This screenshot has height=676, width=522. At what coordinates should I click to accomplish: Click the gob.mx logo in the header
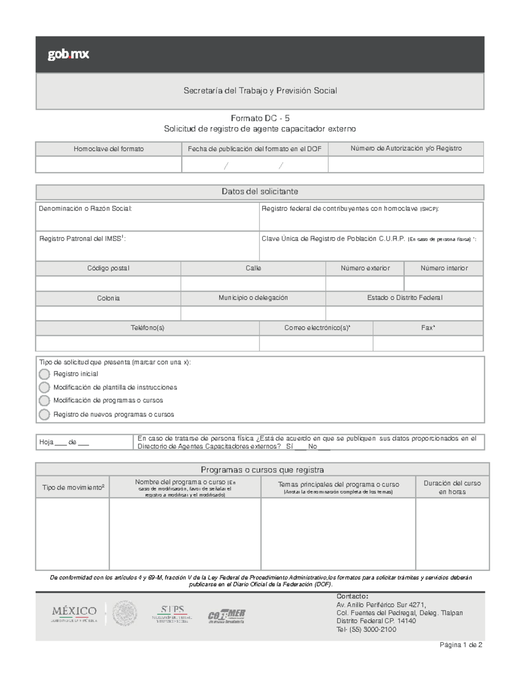tap(68, 54)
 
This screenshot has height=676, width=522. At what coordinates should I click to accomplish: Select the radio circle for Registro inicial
tap(44, 374)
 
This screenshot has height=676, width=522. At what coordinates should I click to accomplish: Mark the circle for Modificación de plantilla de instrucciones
tap(44, 387)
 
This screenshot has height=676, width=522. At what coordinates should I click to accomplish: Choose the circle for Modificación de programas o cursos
tap(44, 400)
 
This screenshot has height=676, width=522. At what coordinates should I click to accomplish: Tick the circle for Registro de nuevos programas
tap(44, 414)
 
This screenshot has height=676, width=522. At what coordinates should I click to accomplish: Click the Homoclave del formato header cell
tap(108, 149)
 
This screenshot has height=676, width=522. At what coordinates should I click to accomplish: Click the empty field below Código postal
tap(108, 283)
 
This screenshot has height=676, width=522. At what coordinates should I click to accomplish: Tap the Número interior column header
tap(444, 268)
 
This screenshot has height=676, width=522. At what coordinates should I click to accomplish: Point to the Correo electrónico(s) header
tap(317, 328)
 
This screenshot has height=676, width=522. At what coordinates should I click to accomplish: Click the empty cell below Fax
tap(428, 343)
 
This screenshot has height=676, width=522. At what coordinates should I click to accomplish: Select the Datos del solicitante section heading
tap(260, 192)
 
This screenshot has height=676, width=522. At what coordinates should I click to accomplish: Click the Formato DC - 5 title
tap(260, 118)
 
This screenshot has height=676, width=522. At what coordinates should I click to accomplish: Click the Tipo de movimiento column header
tap(73, 488)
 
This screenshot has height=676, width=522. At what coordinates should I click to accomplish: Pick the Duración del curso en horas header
tap(452, 488)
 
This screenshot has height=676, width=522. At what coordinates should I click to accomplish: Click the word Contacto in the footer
tap(352, 596)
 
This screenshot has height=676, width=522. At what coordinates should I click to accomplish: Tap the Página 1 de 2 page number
tap(461, 645)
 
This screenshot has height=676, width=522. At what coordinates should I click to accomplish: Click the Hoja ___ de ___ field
tap(64, 442)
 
